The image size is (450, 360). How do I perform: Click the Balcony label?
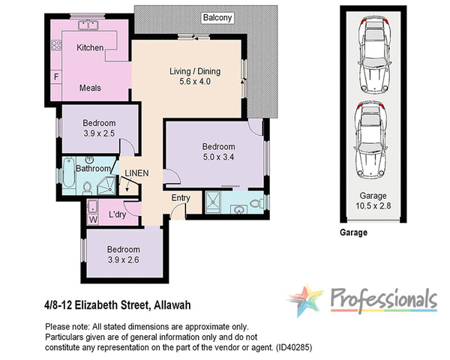coord(217,16)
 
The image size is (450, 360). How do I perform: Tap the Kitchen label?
coord(90,48)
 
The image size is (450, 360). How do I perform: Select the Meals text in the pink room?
coord(90,88)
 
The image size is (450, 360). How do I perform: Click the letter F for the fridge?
coord(55,77)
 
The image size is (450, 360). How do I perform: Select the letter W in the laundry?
coord(93,219)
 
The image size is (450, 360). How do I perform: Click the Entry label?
coord(181,198)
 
